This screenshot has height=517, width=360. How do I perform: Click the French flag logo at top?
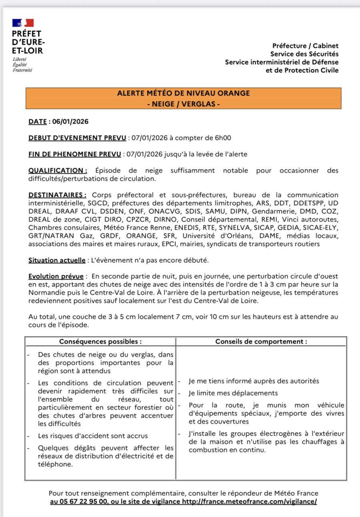click(x=23, y=22)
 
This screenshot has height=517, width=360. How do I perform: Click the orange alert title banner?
click(x=184, y=98)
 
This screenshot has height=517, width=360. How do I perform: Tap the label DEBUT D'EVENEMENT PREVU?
click(x=77, y=138)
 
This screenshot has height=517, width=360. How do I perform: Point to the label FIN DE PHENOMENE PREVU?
click(x=75, y=154)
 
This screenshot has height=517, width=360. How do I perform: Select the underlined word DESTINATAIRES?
click(x=57, y=195)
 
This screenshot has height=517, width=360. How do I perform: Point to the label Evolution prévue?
click(x=56, y=277)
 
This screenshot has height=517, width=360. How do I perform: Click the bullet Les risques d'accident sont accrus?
click(x=93, y=436)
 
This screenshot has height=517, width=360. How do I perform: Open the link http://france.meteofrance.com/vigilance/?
click(x=250, y=501)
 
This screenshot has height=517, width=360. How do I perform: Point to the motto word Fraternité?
click(x=22, y=70)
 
